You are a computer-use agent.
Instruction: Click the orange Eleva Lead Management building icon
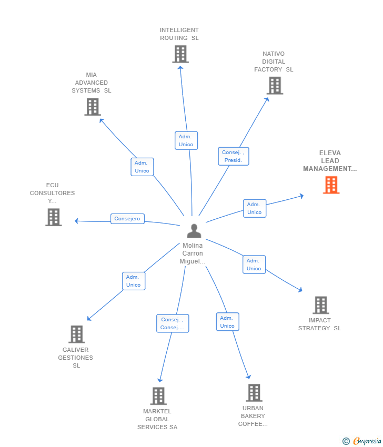click(331, 185)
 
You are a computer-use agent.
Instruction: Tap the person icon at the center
click(194, 231)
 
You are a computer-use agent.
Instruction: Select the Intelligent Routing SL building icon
click(180, 54)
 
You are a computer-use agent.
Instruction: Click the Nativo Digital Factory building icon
click(275, 86)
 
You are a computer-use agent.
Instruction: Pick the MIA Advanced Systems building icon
click(93, 107)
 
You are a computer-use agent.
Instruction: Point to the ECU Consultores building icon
click(54, 217)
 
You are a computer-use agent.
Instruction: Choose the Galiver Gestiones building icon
click(77, 334)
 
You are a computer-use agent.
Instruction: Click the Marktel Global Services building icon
click(158, 396)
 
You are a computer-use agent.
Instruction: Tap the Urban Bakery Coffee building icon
click(254, 393)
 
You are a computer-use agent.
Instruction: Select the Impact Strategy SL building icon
click(321, 305)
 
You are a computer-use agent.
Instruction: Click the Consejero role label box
click(127, 219)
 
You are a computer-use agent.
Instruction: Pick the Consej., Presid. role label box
click(233, 156)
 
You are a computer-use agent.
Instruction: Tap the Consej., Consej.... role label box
click(173, 323)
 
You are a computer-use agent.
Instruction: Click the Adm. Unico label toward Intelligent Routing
click(186, 140)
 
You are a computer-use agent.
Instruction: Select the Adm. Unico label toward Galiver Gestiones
click(134, 281)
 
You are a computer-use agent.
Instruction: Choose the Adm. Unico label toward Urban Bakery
click(227, 322)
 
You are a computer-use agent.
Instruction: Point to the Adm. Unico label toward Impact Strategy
click(254, 265)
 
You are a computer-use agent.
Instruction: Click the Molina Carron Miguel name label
click(193, 253)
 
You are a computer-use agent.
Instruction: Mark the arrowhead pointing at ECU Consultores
click(77, 221)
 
